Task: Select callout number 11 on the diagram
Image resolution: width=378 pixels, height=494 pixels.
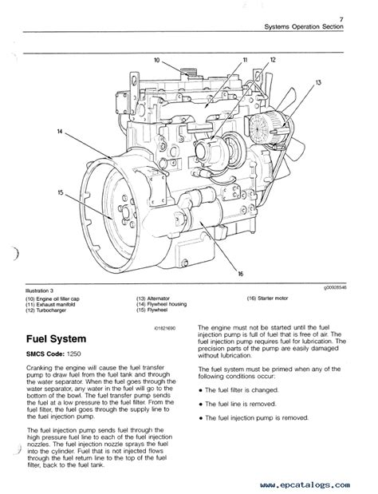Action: [x=244, y=60]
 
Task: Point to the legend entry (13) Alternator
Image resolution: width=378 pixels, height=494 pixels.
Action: [x=156, y=297]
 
